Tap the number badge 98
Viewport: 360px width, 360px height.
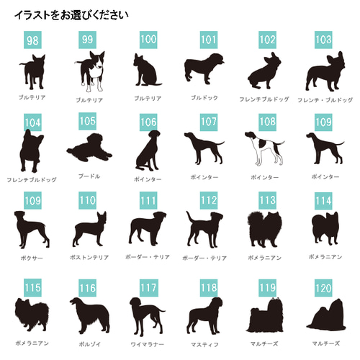coord(32,40)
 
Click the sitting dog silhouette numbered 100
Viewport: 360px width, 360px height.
coord(146,72)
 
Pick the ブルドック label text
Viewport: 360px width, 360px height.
coord(204,97)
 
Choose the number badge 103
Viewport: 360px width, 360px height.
coord(323,40)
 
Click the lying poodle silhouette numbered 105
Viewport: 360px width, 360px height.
coord(89,150)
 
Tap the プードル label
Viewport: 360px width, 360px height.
coord(89,176)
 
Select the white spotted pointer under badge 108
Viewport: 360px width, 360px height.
coord(264,149)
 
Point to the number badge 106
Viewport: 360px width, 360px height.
coord(148,122)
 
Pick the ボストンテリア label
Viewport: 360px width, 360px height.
coord(90,257)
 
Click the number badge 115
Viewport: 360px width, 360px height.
coord(32,288)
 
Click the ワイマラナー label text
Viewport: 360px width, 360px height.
coord(148,343)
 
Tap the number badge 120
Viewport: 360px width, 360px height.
coord(323,288)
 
